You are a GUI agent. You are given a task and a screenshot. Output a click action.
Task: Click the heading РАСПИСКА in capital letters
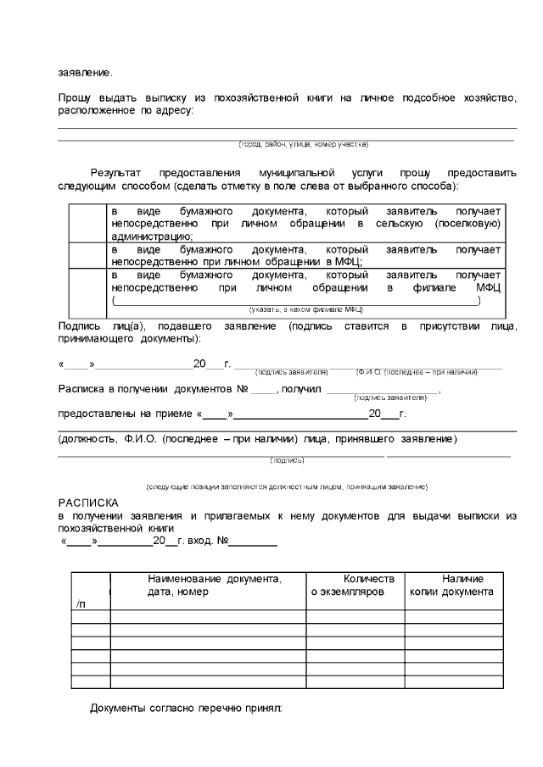point(89,503)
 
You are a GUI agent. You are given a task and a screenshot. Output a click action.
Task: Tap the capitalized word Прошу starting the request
point(75,99)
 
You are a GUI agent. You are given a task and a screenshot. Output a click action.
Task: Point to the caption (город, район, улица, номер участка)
point(303,144)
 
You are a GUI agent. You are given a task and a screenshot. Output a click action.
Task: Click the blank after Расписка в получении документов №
point(264,390)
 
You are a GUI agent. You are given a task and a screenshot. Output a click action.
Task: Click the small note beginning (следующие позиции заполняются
point(287,486)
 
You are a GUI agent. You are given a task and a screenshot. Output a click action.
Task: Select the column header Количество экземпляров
point(353,585)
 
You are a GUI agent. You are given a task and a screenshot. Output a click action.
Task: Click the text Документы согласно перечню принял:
point(186,707)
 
